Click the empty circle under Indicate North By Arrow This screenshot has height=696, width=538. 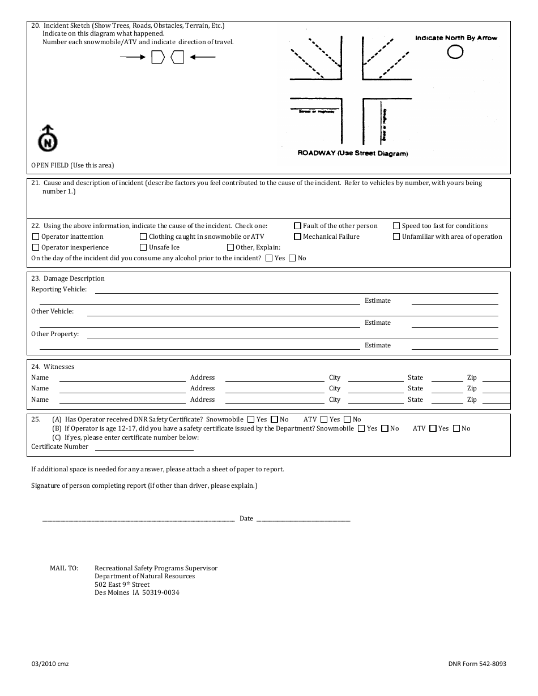point(455,52)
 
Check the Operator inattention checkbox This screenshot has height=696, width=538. point(36,237)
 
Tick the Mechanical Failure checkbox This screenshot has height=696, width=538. point(298,237)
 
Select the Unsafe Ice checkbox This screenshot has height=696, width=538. point(144,248)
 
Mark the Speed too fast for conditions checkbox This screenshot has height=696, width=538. point(397,226)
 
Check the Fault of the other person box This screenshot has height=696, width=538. point(298,226)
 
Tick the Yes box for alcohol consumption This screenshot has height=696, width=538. point(269,259)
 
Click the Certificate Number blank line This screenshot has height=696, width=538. point(144,447)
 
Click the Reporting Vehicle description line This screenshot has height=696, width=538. point(296,290)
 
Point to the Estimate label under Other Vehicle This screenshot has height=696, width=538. point(378,323)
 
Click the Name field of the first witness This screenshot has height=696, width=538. point(122,378)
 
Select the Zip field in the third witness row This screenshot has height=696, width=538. point(496,400)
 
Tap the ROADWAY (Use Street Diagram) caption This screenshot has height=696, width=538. point(353,153)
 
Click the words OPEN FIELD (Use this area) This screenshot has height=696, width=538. point(72,165)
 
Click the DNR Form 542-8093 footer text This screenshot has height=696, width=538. point(477,664)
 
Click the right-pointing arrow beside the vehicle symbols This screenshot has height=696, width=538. point(133,57)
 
